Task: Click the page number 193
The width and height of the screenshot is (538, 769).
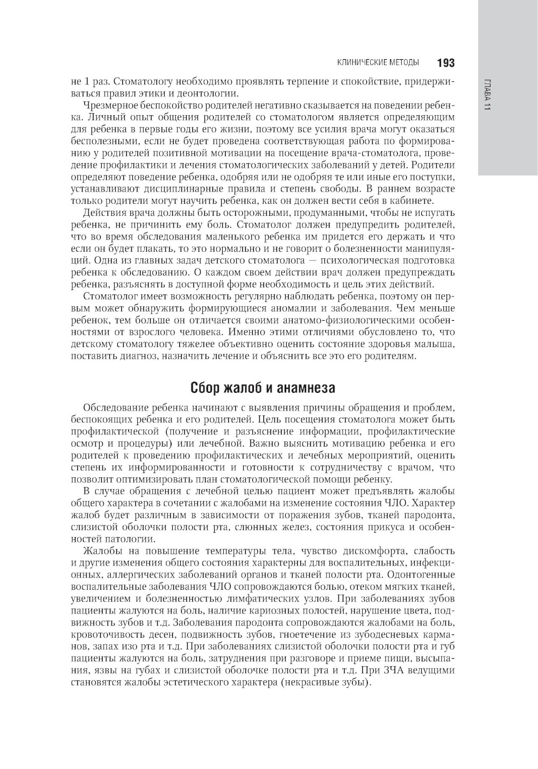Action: (x=446, y=63)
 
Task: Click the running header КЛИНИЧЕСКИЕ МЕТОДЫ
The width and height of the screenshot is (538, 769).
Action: (x=378, y=63)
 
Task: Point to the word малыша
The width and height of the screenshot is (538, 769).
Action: (x=439, y=344)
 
